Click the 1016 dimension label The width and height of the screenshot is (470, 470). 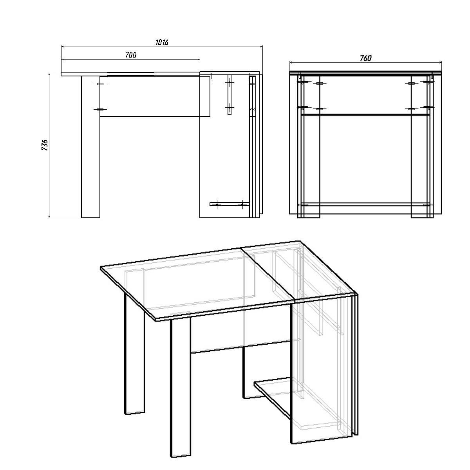coord(162,42)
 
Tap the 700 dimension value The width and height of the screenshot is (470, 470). coord(131,55)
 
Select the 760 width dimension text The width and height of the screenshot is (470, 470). coord(365,58)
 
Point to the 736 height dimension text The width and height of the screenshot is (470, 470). coord(45,145)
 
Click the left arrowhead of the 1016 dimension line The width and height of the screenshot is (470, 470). coord(63,46)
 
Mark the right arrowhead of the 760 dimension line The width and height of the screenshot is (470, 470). coord(440,62)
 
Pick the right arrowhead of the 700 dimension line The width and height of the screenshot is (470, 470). coord(198,59)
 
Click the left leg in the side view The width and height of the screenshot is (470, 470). coord(90,147)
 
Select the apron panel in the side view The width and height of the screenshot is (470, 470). coord(155,96)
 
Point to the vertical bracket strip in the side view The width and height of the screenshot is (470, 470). coord(230,95)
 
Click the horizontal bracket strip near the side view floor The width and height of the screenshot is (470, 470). coord(230,204)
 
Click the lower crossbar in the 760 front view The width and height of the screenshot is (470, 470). coord(365,204)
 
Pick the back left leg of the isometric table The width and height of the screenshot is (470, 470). coord(135,354)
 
